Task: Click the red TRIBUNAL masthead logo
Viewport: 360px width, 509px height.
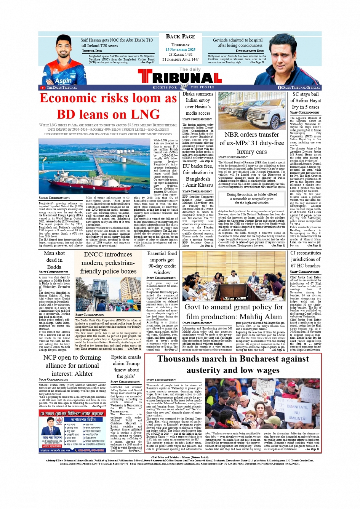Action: [x=180, y=78]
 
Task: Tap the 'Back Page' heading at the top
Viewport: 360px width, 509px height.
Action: [x=180, y=37]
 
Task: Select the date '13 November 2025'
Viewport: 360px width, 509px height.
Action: [x=180, y=50]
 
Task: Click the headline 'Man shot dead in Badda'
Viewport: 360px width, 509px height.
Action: [x=54, y=260]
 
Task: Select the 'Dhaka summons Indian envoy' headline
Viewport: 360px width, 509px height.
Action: [x=198, y=103]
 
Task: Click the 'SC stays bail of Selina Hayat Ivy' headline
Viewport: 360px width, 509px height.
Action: [x=306, y=101]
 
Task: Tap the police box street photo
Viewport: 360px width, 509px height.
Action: [x=108, y=295]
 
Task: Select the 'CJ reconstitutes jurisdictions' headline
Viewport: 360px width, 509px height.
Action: [x=306, y=259]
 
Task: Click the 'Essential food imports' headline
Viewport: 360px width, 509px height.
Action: [x=162, y=263]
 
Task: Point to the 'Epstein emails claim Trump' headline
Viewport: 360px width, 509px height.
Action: [x=126, y=366]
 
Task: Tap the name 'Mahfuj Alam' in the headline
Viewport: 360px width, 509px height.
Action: [x=263, y=317]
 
